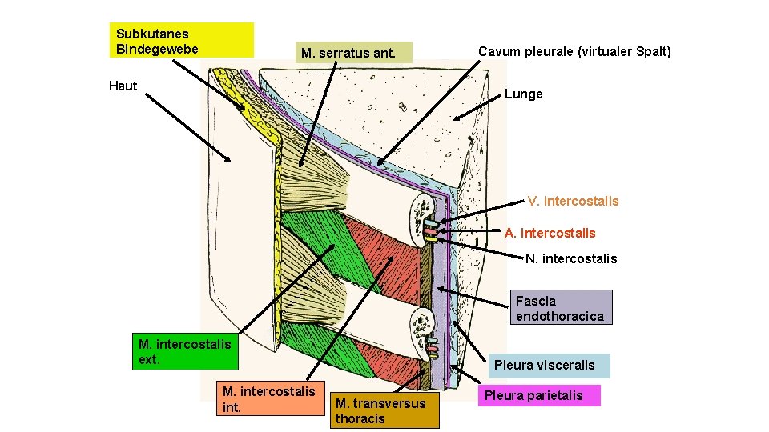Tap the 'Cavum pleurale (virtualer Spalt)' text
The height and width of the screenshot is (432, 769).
pyautogui.click(x=574, y=51)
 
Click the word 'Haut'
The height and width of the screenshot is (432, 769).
pyautogui.click(x=123, y=86)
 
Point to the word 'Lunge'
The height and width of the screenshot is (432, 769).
pyautogui.click(x=523, y=94)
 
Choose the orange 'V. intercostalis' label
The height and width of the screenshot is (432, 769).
pyautogui.click(x=573, y=201)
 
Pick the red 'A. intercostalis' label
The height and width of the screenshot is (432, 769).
pyautogui.click(x=550, y=233)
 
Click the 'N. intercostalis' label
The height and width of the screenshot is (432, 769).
pyautogui.click(x=571, y=258)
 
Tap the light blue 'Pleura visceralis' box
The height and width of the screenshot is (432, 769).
pyautogui.click(x=544, y=365)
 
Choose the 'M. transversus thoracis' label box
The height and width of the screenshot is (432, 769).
pyautogui.click(x=384, y=410)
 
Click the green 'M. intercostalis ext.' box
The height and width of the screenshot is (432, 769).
pyautogui.click(x=185, y=351)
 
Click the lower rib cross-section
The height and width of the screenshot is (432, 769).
pyautogui.click(x=421, y=330)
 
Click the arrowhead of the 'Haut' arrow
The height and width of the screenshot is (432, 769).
pyautogui.click(x=230, y=161)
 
